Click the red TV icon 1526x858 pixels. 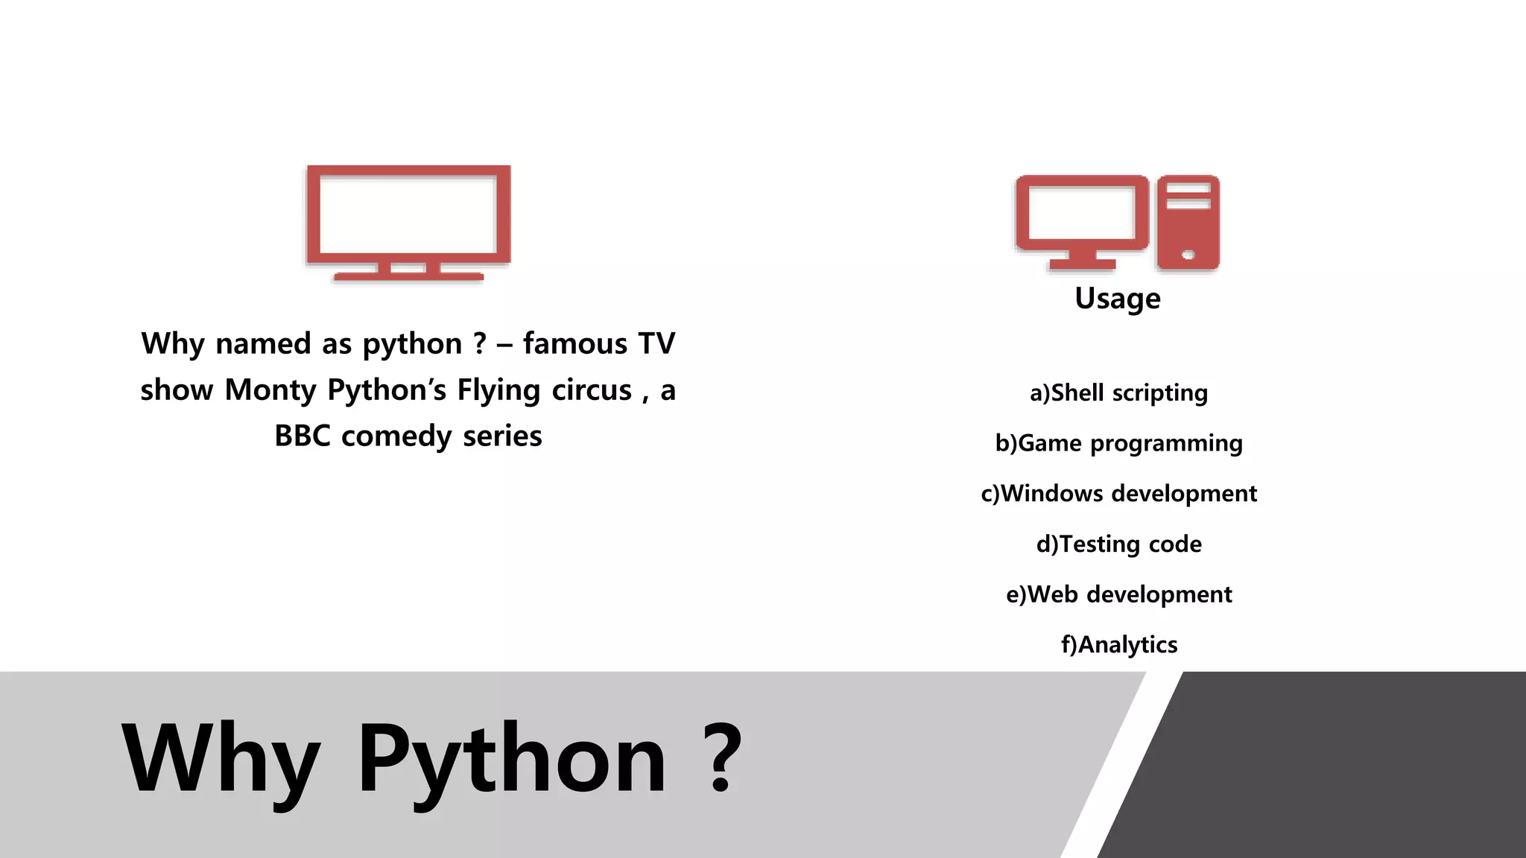(408, 222)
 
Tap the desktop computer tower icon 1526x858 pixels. (1188, 222)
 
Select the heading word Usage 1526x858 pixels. (1117, 299)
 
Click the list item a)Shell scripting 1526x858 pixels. (1118, 393)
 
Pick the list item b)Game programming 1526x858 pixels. (1118, 443)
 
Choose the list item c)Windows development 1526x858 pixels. (1118, 493)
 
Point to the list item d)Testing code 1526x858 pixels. (1118, 544)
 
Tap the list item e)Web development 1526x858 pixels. (1118, 594)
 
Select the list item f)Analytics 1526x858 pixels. (1118, 644)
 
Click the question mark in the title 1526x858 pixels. (721, 758)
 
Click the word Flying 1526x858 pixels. (498, 390)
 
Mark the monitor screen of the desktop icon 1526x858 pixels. (1081, 213)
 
